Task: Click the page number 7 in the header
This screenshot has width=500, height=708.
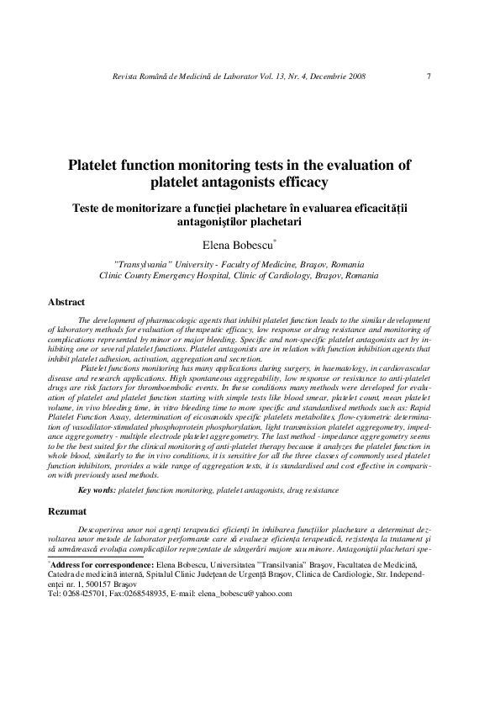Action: point(429,77)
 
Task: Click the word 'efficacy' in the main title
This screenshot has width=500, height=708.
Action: point(297,182)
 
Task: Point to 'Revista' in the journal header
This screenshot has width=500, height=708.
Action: point(116,77)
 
